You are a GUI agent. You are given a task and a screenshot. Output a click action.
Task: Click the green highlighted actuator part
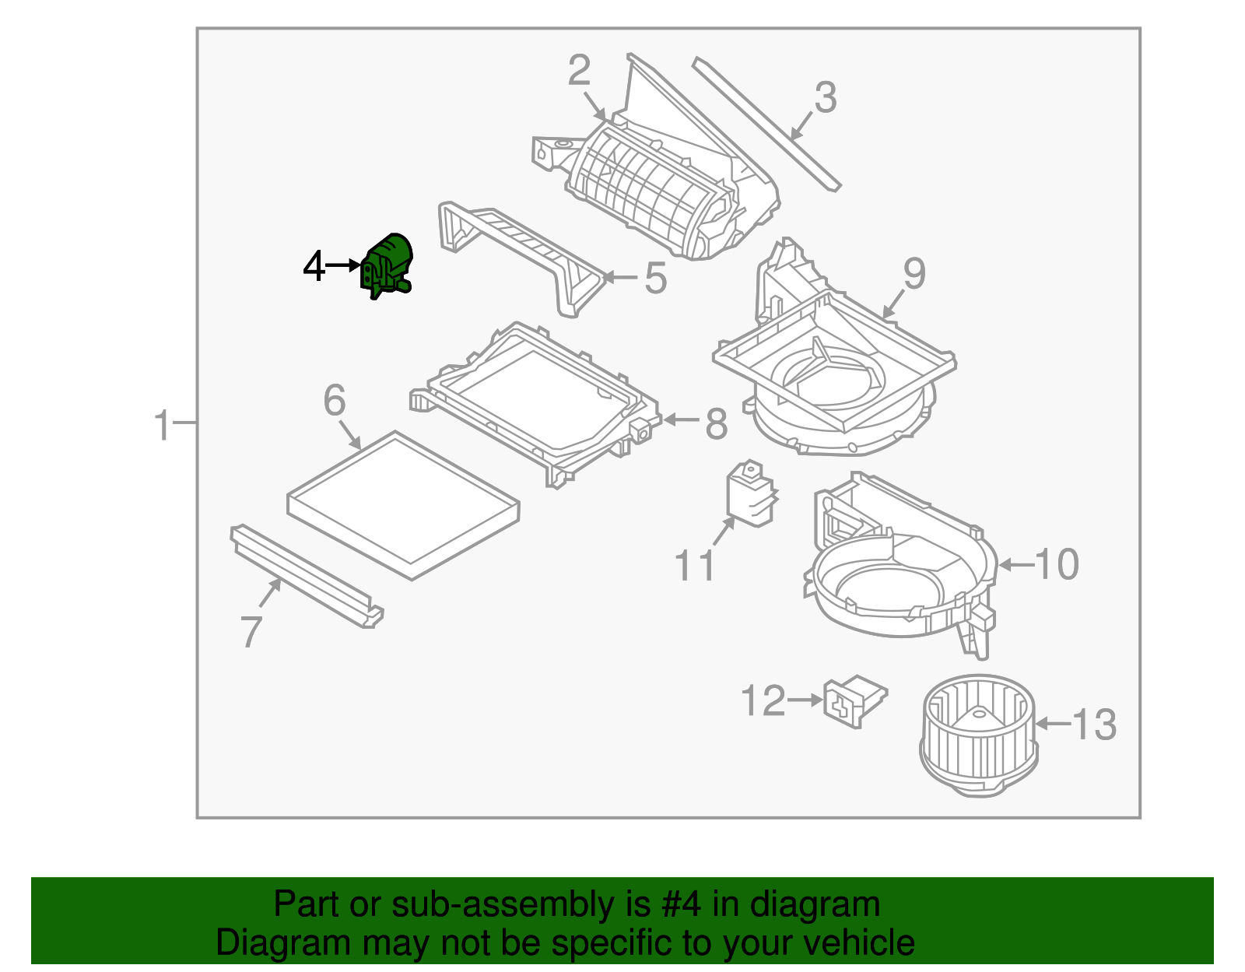tap(387, 265)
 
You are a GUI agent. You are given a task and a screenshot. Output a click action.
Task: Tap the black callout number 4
tap(314, 267)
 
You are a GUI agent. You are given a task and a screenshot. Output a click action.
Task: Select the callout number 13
tap(1094, 725)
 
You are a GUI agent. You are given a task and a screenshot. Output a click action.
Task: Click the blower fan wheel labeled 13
tap(978, 736)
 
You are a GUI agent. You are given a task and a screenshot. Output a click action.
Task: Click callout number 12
tap(763, 700)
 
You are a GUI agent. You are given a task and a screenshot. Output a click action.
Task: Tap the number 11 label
tap(694, 566)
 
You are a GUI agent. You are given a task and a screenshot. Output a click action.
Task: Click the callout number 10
tap(1057, 564)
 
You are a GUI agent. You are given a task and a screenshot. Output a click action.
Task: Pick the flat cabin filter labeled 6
tap(403, 506)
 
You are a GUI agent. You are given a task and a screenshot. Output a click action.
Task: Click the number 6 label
tap(335, 401)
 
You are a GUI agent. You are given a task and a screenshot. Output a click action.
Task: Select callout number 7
tap(251, 631)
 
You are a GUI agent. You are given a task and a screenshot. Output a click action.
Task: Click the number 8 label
tap(716, 424)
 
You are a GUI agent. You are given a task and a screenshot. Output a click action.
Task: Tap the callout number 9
tap(914, 274)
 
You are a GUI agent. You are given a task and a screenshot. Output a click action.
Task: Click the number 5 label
tap(656, 278)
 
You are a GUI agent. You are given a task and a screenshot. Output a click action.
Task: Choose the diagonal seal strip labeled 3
tap(766, 125)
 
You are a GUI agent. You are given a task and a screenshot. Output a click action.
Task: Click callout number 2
tap(579, 71)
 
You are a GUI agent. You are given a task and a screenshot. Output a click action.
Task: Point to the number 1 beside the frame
tap(162, 426)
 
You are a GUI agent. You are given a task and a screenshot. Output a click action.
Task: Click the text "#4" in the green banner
tap(681, 904)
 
